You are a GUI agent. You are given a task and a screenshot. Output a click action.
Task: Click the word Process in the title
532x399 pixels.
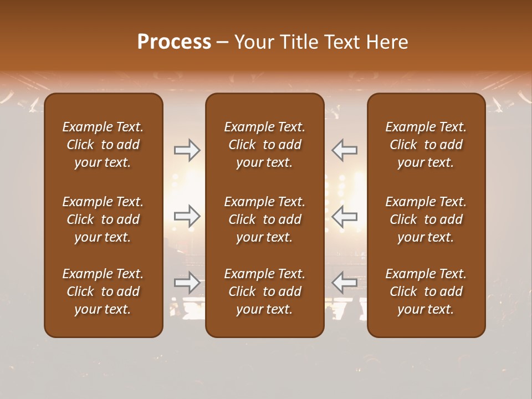point(174,42)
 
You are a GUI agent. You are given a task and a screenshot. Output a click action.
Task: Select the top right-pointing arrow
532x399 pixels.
point(187,150)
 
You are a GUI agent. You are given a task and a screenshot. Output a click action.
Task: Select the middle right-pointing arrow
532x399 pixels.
point(187,216)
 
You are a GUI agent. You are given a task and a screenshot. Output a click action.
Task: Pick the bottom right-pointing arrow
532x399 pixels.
point(187,283)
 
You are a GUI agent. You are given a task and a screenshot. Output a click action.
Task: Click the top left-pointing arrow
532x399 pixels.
point(344,150)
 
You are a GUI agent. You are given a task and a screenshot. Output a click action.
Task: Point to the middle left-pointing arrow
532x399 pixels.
point(344,216)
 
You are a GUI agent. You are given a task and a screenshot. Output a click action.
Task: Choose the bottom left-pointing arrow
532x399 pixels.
point(344,283)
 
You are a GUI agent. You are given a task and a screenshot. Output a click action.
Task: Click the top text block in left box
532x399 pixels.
point(103,145)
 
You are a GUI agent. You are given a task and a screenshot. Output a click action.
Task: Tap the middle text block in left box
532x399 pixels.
point(103,219)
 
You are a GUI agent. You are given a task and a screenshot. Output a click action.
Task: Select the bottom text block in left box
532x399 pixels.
point(103,291)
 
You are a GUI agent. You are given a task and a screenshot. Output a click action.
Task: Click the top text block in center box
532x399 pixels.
point(264,145)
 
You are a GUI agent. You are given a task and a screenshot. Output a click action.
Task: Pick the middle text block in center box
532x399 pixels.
point(264,219)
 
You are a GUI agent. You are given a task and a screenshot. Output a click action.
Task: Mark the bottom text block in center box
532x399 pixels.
point(264,291)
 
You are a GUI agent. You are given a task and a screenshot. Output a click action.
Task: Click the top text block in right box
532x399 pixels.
point(426,145)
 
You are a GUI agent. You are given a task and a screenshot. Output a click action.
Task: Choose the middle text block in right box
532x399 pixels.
point(426,219)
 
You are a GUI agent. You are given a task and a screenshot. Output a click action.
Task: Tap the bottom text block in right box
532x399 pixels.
point(426,291)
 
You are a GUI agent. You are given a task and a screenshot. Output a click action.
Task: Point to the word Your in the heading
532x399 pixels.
point(253,42)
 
